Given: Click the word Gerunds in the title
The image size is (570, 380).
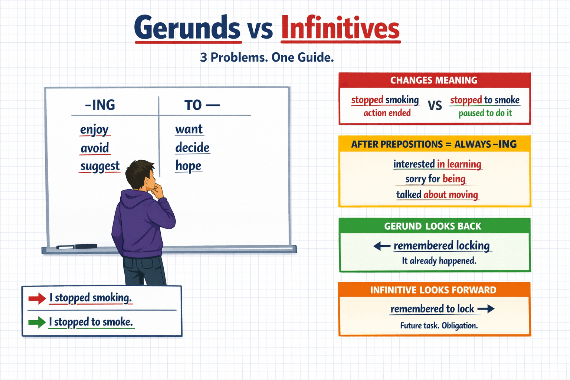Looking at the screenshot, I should [x=187, y=28].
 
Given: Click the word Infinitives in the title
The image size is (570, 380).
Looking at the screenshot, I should [x=340, y=28].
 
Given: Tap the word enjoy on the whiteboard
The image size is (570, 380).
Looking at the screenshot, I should [x=94, y=130].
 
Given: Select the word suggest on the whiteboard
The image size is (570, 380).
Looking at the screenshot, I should [x=100, y=166].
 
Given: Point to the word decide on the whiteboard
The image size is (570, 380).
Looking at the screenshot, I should [x=192, y=148].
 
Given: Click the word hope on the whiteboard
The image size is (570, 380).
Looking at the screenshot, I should [x=188, y=166].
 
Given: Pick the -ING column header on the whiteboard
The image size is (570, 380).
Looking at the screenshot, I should [x=100, y=105].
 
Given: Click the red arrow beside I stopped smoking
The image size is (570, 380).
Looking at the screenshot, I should [x=37, y=298].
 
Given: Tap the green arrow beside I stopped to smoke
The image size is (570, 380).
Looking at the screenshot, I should [x=37, y=322].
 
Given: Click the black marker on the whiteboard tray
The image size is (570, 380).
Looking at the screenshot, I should [x=86, y=246].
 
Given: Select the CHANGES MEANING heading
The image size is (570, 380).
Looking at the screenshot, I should [x=434, y=80].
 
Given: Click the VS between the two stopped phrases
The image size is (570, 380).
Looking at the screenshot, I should [x=435, y=105].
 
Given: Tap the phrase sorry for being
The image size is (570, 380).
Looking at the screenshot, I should [x=435, y=179].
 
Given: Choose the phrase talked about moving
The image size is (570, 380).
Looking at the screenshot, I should [x=437, y=194].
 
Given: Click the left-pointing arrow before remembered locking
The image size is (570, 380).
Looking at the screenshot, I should [x=381, y=246].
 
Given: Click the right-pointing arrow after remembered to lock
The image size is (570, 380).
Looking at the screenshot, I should [x=486, y=309].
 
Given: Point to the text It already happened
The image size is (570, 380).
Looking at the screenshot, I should [x=439, y=261].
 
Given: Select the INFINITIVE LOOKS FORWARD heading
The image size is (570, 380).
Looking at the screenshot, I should [x=433, y=290].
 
